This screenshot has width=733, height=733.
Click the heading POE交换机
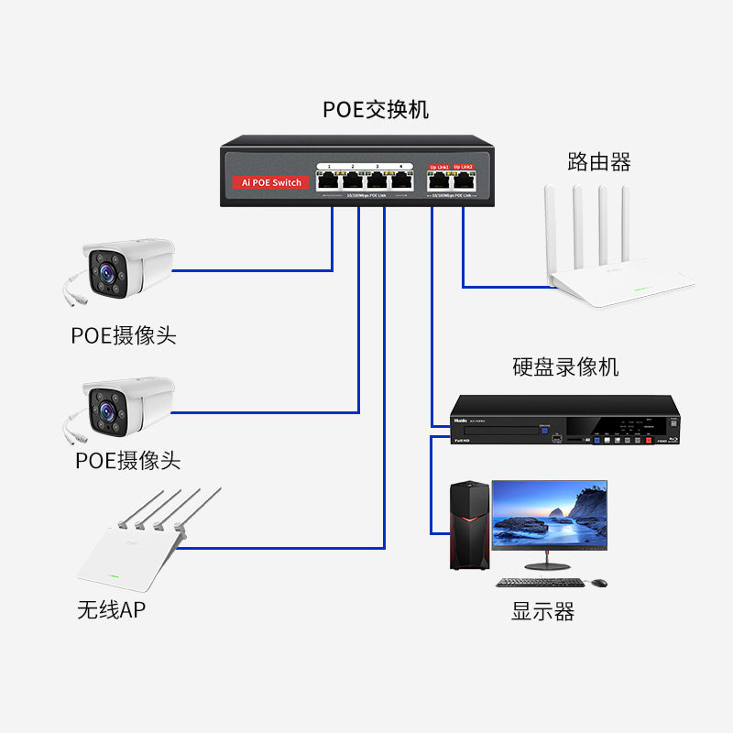(376, 110)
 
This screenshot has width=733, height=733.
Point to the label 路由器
(599, 163)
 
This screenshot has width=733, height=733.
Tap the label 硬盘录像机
(565, 367)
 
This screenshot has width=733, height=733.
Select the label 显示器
(542, 612)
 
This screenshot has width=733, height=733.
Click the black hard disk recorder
(566, 421)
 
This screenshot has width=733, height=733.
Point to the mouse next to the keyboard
(598, 583)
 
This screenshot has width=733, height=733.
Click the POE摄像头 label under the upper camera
(124, 335)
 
